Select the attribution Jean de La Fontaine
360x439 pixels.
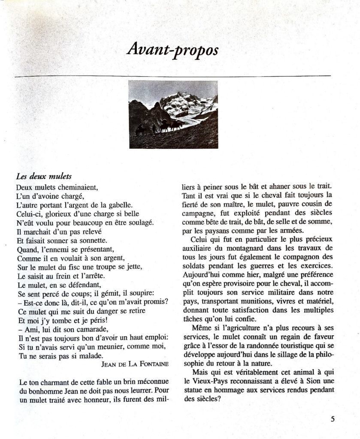click(134, 364)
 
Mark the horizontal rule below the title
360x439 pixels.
click(172, 76)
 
